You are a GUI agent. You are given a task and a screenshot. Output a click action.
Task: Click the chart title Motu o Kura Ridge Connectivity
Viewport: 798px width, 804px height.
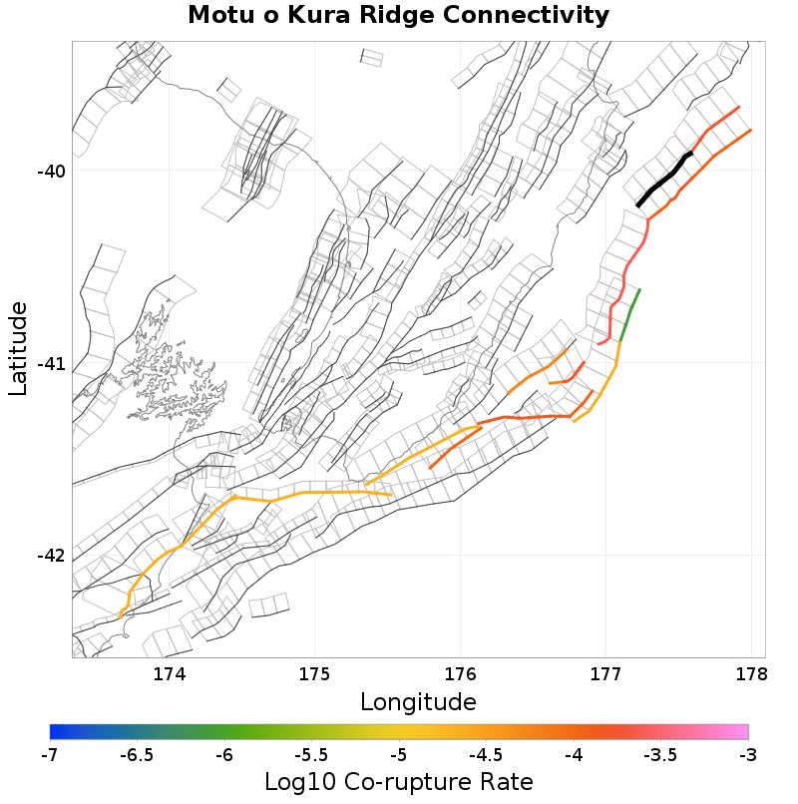[398, 16]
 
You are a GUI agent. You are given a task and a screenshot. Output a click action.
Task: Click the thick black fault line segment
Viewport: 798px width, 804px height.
[662, 181]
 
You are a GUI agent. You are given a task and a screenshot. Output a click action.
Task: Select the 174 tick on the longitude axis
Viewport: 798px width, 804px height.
[170, 674]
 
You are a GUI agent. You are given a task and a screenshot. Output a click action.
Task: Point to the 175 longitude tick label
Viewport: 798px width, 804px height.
[315, 674]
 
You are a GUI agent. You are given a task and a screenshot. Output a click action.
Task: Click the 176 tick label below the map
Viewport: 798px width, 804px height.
[461, 674]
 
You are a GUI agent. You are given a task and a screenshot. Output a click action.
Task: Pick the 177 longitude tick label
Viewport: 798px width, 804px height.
[605, 674]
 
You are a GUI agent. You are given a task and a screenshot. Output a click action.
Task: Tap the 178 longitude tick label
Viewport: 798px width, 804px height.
[750, 674]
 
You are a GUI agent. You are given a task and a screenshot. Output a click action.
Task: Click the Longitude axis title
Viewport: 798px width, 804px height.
[418, 702]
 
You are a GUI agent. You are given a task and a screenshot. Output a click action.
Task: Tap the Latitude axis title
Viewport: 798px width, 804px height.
[19, 349]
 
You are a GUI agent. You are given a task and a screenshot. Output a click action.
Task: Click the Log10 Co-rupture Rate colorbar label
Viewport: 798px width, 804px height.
[399, 782]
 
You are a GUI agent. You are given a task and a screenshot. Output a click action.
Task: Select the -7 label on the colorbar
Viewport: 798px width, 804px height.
[50, 755]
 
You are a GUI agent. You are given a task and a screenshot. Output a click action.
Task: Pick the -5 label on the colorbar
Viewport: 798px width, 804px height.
[399, 755]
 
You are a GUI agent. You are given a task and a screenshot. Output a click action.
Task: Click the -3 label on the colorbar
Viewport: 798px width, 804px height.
[748, 755]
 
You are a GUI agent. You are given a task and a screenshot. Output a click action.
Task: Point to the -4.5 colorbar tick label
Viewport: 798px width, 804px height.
[486, 755]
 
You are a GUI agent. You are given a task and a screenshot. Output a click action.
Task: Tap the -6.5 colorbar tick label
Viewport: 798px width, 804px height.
[137, 755]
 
